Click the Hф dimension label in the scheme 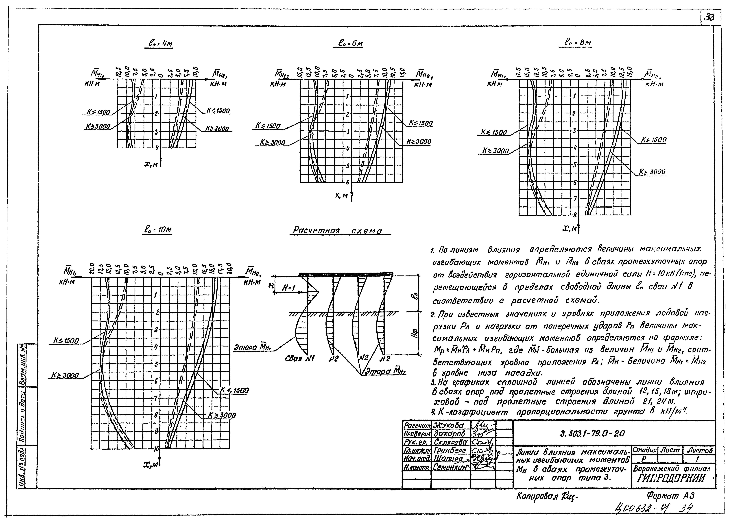click(415, 334)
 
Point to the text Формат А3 click(670, 496)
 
